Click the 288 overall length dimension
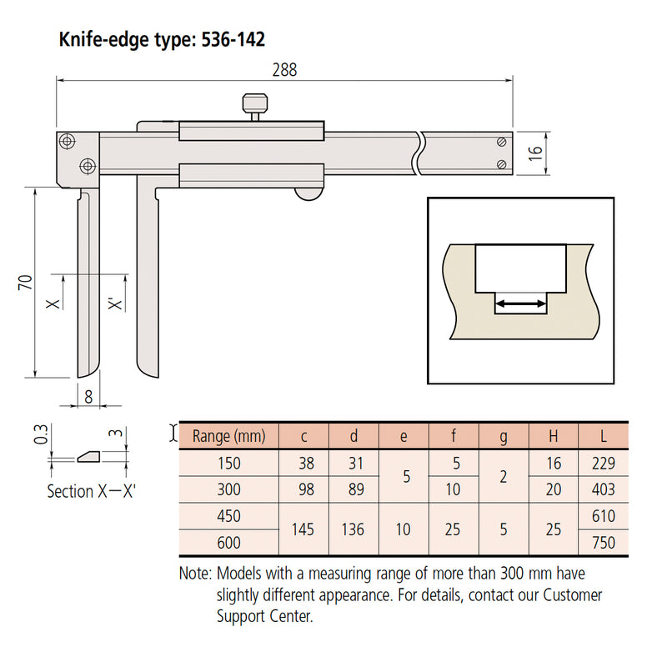pos(284,70)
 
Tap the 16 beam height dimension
pos(536,152)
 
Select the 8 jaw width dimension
pos(88,398)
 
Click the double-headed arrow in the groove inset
pos(521,306)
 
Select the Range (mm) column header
pos(228,435)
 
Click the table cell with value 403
pos(602,489)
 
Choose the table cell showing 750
pos(602,543)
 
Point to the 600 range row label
pos(228,543)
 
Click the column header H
pos(554,435)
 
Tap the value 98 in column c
pos(303,489)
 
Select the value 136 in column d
pos(354,529)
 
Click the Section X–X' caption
pos(91,491)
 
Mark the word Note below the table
pos(196,574)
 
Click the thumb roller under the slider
pos(308,194)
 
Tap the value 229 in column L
pos(602,463)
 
